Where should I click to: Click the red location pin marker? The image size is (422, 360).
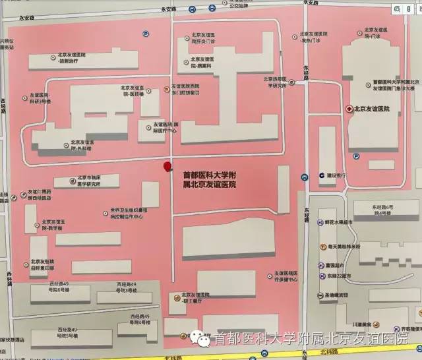pyautogui.click(x=167, y=167)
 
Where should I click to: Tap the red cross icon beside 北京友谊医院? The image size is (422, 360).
pyautogui.click(x=349, y=109)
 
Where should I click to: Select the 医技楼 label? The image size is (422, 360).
pyautogui.click(x=134, y=90)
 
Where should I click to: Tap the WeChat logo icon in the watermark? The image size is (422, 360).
pyautogui.click(x=199, y=338)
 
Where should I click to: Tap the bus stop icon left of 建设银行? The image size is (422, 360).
pyautogui.click(x=304, y=177)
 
